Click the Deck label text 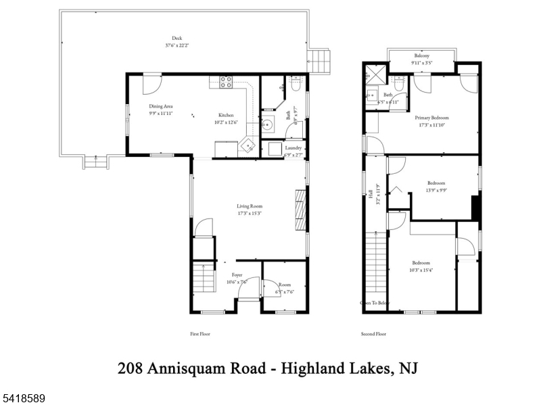coord(177,38)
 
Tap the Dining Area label coord(161,106)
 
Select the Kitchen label coord(225,115)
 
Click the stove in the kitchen coord(226,82)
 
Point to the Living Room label coord(249,206)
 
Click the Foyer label coord(237,275)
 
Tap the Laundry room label coord(293,147)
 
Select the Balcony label coord(421,56)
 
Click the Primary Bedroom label coord(431,118)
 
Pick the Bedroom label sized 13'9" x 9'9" coord(436,183)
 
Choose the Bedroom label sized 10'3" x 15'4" coord(421,262)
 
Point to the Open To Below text coord(375,303)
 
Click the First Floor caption coord(201,334)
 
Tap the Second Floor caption coord(374,334)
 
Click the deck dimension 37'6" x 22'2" coord(177,45)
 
